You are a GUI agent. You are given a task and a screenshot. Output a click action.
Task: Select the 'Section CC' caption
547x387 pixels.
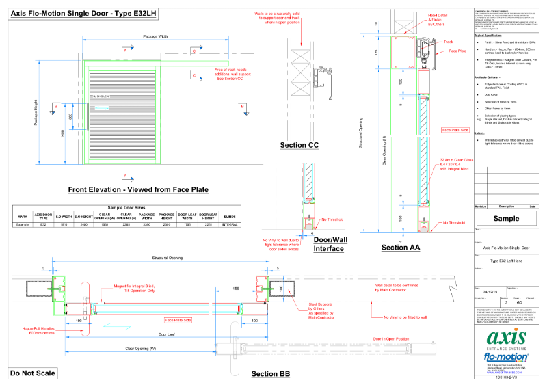[x=299, y=146]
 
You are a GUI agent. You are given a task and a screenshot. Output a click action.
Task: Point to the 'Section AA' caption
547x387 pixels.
[x=401, y=248]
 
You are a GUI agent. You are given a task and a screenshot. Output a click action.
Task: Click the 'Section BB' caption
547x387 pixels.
[x=270, y=374]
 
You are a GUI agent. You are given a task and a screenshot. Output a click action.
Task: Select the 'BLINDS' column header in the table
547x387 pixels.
[x=230, y=216]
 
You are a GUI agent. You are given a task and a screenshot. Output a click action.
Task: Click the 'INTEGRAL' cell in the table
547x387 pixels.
[x=230, y=224]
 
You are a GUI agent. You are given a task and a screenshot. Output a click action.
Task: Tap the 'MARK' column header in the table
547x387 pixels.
[x=23, y=216]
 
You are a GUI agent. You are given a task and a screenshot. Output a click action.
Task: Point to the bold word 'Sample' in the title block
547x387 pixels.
[x=507, y=219]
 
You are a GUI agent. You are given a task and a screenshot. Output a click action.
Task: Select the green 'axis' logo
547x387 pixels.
[x=507, y=338]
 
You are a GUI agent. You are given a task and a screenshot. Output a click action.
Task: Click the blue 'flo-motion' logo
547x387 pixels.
[x=507, y=357]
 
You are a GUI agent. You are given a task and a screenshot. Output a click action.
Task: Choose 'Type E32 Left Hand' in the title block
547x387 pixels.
[x=507, y=261]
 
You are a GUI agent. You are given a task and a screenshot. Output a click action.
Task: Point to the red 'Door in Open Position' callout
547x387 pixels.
[x=390, y=338]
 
